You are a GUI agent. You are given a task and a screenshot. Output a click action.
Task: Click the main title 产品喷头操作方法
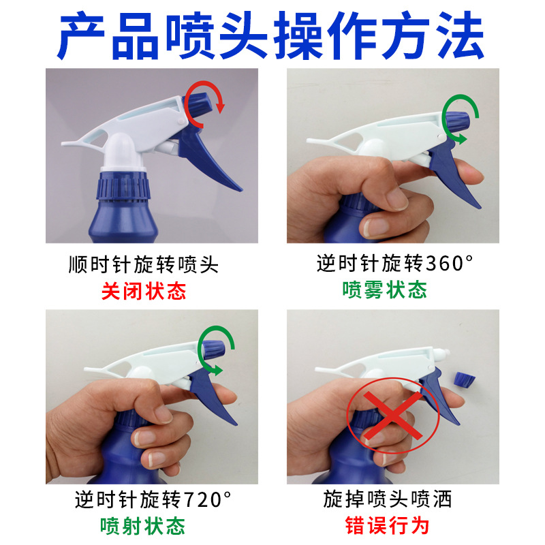pos(270,35)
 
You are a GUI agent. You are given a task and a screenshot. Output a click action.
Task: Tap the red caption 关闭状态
pos(144,291)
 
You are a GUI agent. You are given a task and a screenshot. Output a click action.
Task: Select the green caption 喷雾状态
pos(384,290)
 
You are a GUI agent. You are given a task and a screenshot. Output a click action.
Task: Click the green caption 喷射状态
pos(142,525)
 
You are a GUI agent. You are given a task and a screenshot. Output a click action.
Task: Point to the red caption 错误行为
pos(387,525)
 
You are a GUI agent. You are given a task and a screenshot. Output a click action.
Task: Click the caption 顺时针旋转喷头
pos(144,265)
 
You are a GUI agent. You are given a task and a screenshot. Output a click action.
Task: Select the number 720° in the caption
pos(207,500)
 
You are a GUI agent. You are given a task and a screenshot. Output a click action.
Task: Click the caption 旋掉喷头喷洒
pos(387,499)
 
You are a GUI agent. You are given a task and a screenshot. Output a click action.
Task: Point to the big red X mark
pos(393,416)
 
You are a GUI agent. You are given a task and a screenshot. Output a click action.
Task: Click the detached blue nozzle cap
pos(465,380)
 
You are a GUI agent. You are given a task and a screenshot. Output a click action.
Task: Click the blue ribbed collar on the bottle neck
pos(123,186)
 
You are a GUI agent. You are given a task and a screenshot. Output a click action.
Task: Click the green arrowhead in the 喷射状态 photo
pos(218,370)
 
